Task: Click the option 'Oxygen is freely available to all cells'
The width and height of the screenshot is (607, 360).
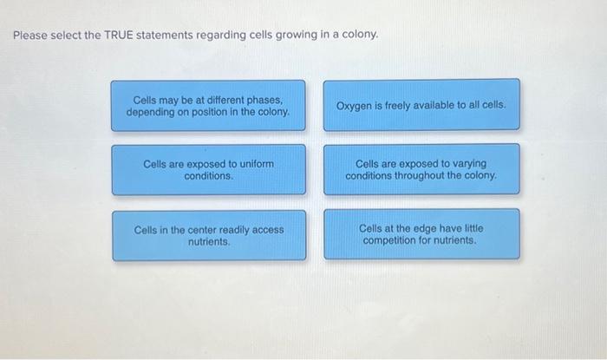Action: point(421,105)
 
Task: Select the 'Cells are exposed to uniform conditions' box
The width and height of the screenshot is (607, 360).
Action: point(208,169)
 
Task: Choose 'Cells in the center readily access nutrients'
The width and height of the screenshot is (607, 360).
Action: point(208,235)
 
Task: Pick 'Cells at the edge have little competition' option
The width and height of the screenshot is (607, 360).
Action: point(421,234)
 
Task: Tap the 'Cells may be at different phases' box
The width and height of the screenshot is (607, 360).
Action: point(208,106)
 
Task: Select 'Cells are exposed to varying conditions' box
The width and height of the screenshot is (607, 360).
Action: point(421,169)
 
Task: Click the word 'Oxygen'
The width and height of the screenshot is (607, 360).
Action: point(355,105)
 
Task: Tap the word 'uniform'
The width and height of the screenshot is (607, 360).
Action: point(255,163)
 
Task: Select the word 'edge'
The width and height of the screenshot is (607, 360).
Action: point(425,228)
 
